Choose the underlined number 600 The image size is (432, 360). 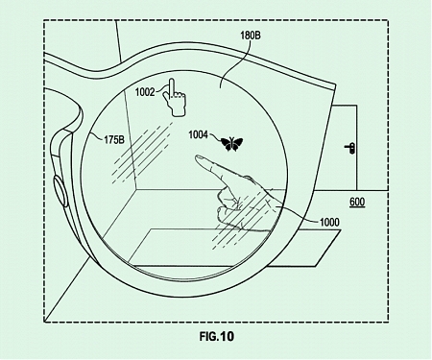pos(356,202)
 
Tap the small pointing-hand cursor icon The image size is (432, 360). pos(176,97)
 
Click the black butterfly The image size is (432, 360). pos(231,144)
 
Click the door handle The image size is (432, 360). pos(351,148)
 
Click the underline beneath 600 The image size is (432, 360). pos(356,208)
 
